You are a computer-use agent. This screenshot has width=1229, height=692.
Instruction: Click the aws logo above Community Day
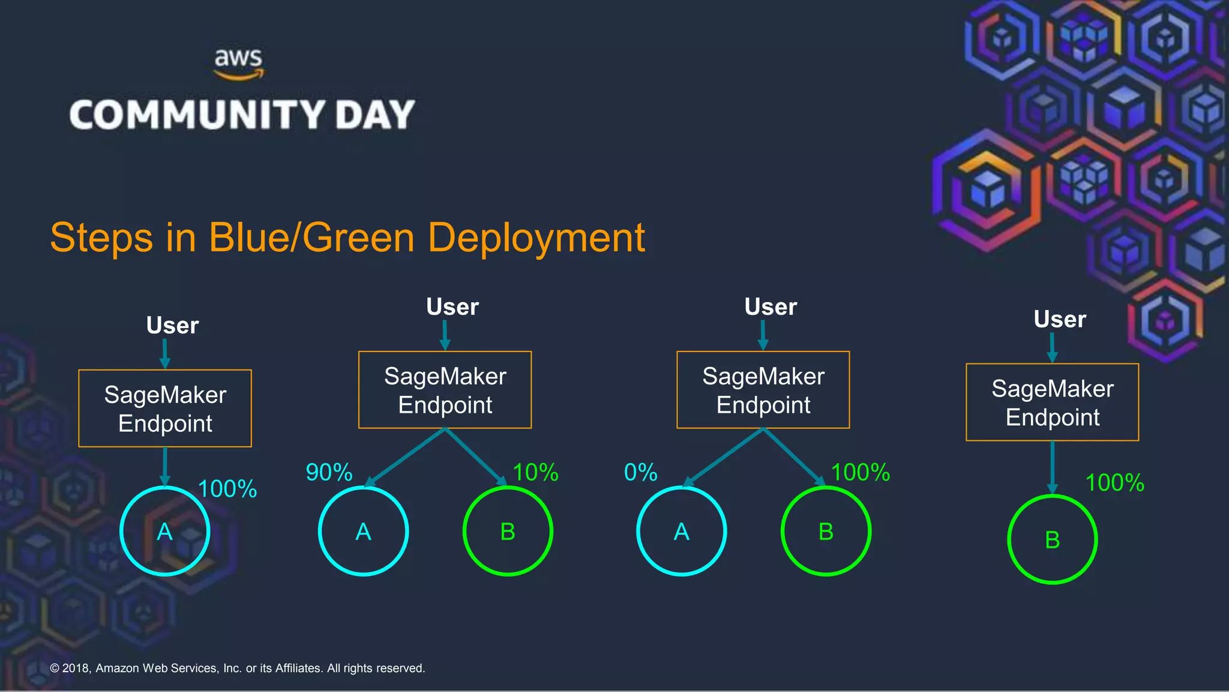point(239,63)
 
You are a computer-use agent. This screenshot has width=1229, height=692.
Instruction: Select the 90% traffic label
point(329,472)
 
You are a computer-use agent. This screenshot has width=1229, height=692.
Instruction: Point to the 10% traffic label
point(535,472)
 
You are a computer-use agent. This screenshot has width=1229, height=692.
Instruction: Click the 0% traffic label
point(640,472)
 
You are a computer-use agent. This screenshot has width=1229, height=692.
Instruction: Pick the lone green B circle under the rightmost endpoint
point(1052,539)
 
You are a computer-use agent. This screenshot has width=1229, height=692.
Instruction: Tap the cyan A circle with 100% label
point(164,531)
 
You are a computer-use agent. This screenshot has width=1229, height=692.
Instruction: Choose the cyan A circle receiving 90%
point(363,531)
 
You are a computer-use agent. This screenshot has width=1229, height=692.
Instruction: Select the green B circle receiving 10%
point(508,531)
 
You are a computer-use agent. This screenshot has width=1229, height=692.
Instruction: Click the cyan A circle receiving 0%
point(681,531)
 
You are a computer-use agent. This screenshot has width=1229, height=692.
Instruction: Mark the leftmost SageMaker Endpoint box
point(165,408)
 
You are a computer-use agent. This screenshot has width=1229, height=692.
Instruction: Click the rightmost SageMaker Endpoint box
point(1052,402)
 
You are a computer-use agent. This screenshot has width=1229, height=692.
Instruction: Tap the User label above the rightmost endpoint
point(1059,319)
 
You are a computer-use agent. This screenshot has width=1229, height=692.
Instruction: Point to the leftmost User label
point(172,325)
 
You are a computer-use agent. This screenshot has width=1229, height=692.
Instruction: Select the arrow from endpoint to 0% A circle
point(723,457)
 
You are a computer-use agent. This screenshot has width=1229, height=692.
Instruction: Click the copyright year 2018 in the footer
point(76,668)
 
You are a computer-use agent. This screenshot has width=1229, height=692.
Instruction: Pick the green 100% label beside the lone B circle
point(1114,482)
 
